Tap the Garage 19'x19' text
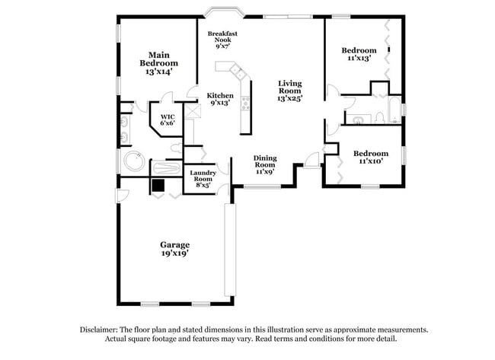(x=174, y=249)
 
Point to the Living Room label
(x=290, y=91)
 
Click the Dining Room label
(x=265, y=164)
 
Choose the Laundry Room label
(x=203, y=178)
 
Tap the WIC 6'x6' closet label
(x=168, y=119)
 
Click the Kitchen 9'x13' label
(x=221, y=99)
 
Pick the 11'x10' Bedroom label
(x=370, y=157)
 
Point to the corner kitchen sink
(x=240, y=73)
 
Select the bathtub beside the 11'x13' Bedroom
(x=394, y=110)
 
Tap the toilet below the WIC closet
(x=177, y=147)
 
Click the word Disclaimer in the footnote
(x=101, y=330)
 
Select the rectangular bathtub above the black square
(x=167, y=168)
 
